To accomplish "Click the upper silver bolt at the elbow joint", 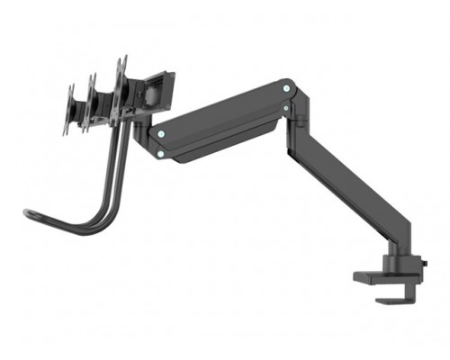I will [287, 88].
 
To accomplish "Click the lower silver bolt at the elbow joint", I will [286, 108].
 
